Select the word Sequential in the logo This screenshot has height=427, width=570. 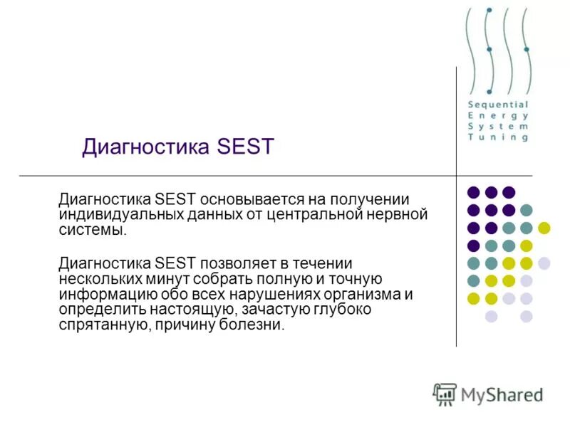coord(498,105)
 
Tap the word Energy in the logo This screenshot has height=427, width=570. coord(498,115)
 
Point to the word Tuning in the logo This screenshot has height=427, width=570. coord(498,137)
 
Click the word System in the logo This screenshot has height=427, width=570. coord(498,126)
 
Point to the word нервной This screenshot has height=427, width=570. coord(401,215)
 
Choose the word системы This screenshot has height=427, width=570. coord(93,230)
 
